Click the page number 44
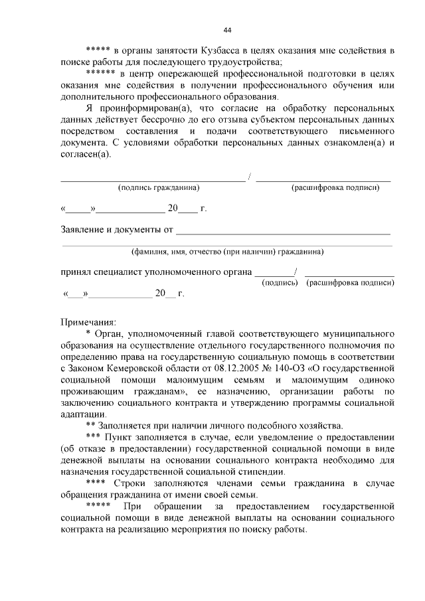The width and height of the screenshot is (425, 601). [x=227, y=30]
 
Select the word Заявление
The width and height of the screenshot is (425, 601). [x=84, y=230]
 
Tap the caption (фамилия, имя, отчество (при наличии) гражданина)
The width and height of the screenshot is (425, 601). [x=227, y=252]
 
